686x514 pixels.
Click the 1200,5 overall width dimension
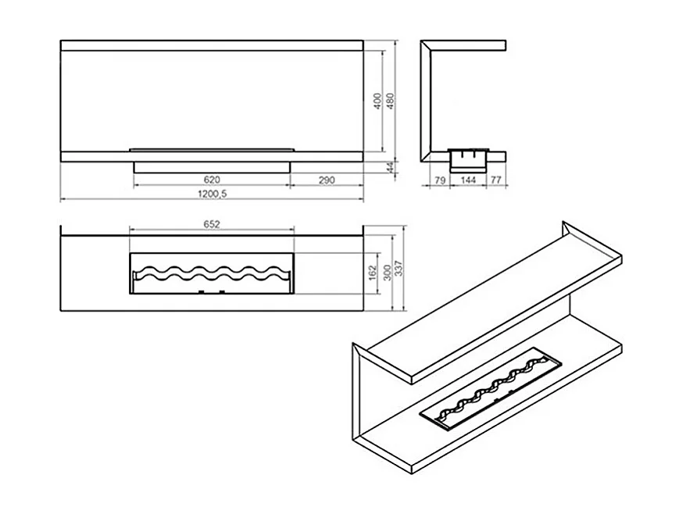point(213,194)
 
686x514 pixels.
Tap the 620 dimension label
point(212,180)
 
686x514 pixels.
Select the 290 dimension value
point(327,180)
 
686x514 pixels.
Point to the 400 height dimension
point(377,101)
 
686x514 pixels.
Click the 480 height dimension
point(391,101)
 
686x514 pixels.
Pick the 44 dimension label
point(391,166)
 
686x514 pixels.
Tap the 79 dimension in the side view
point(440,180)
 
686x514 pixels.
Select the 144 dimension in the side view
point(468,180)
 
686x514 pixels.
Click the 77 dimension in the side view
point(495,180)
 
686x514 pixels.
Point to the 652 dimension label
point(212,224)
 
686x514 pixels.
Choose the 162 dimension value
point(373,273)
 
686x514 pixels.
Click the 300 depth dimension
point(387,273)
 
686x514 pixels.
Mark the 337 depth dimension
point(398,268)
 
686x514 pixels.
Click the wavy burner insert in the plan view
point(212,279)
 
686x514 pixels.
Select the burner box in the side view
point(468,159)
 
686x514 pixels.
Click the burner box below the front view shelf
point(213,167)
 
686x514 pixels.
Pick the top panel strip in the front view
point(212,45)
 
